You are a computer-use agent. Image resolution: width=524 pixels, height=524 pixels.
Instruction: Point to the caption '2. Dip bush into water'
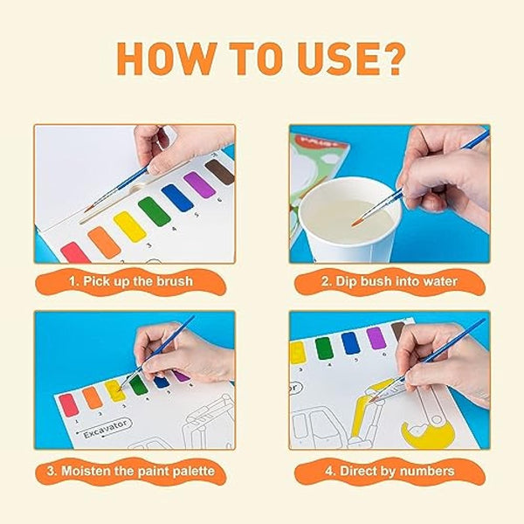click(x=390, y=284)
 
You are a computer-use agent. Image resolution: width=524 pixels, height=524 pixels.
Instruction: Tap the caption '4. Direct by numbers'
click(x=390, y=472)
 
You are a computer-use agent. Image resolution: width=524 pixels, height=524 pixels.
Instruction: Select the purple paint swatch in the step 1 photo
click(x=199, y=184)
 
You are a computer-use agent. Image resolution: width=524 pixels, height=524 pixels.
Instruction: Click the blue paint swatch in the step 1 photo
click(x=177, y=197)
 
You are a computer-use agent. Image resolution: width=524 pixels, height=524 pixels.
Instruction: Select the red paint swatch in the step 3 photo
click(x=68, y=405)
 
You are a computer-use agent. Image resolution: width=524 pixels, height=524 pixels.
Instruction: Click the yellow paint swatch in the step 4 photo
click(x=298, y=352)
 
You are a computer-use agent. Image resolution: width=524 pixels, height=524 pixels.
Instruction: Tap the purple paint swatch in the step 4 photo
click(x=376, y=338)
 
